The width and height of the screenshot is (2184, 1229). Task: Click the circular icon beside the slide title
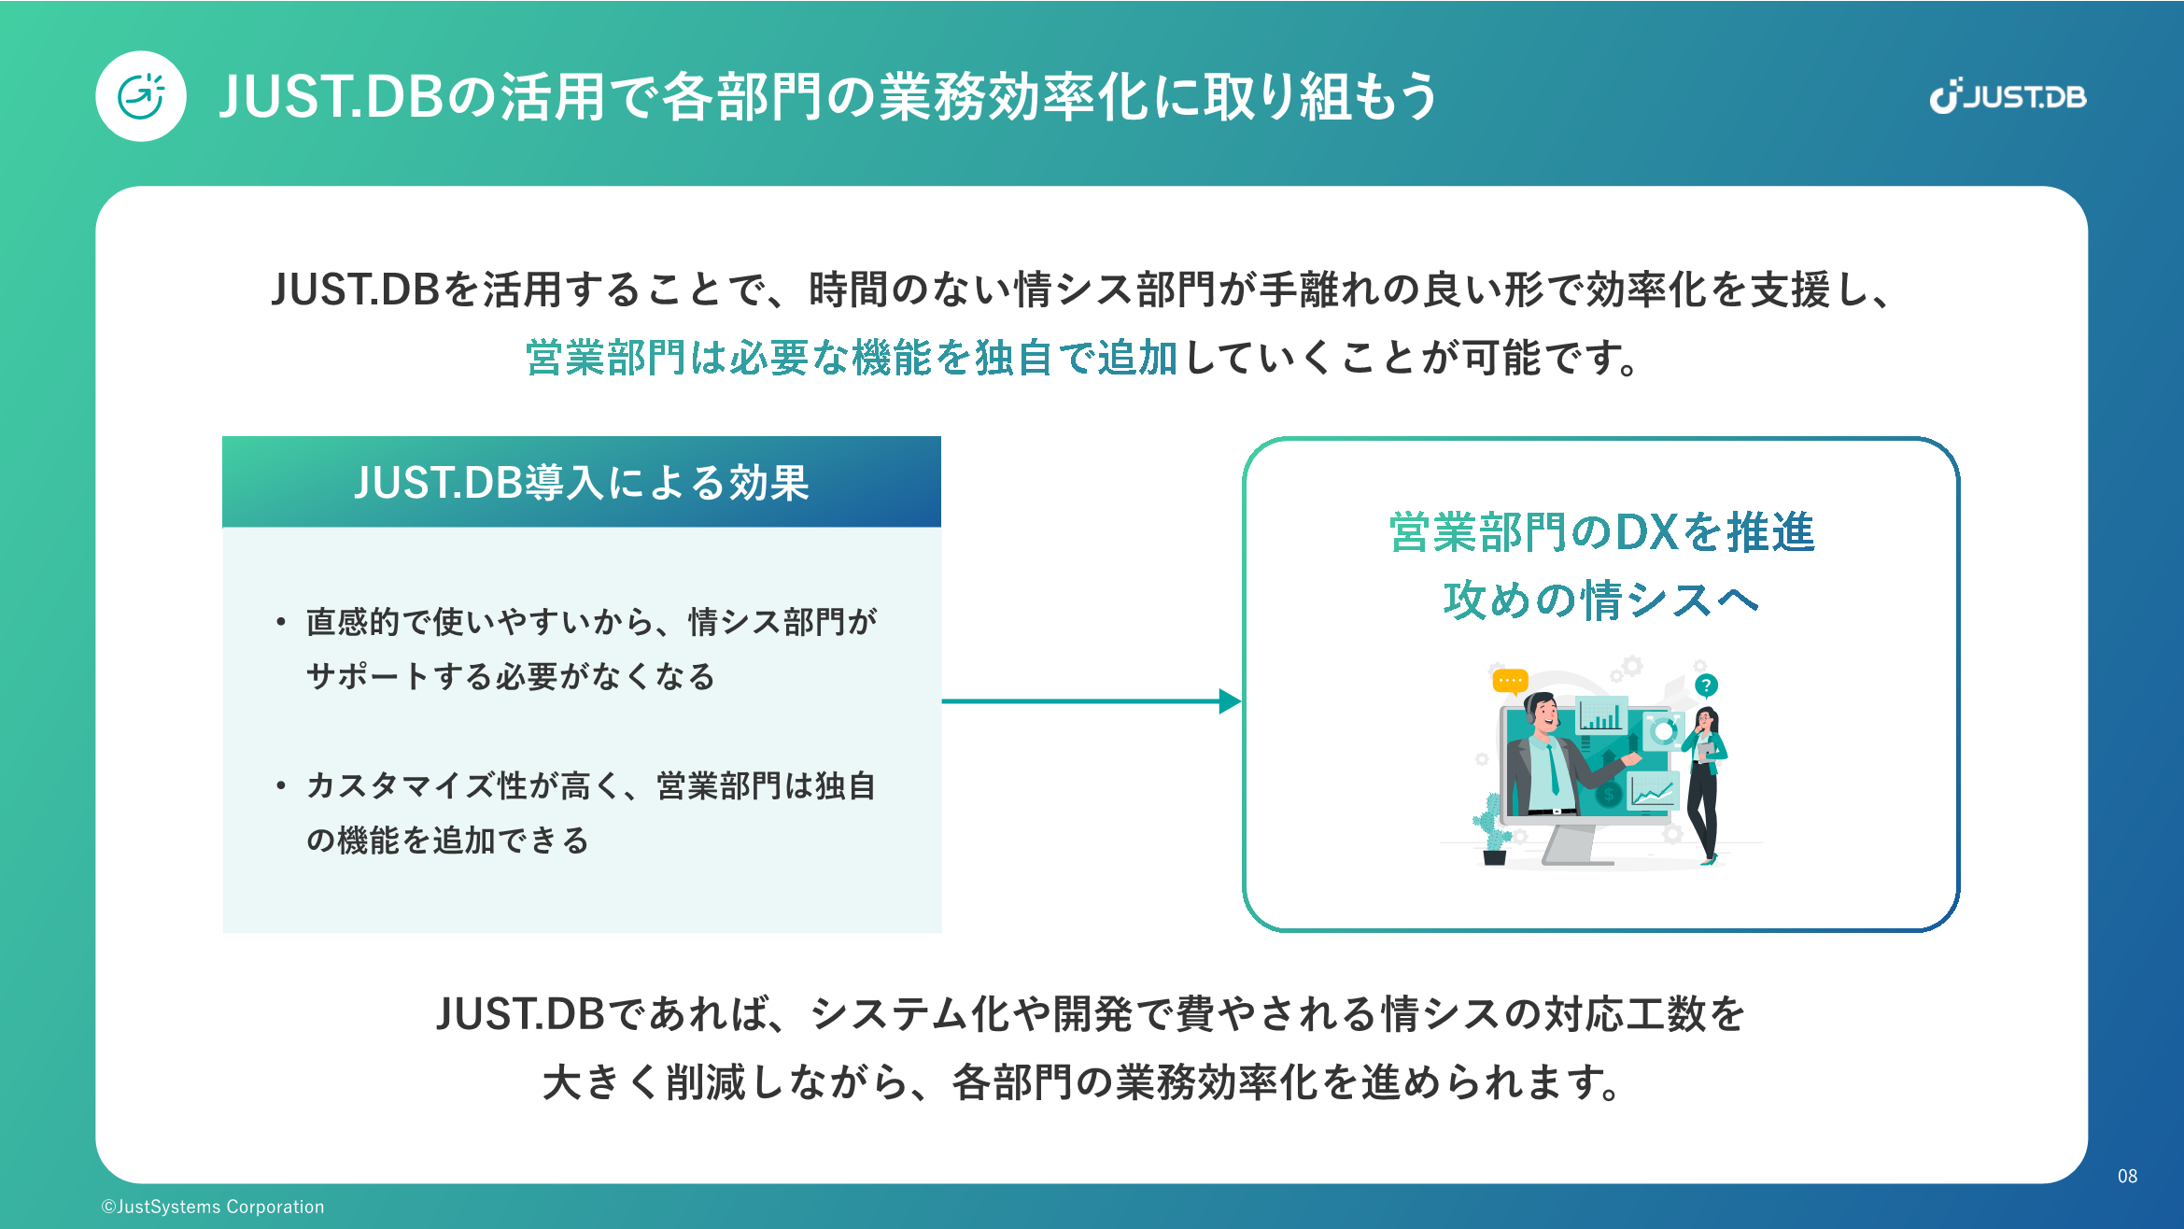coord(141,96)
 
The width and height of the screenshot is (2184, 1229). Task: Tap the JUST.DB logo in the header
coord(2008,96)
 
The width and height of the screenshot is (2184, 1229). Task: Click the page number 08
coord(2127,1176)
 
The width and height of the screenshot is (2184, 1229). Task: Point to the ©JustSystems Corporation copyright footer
coord(213,1207)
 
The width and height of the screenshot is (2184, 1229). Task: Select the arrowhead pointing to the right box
coord(1231,701)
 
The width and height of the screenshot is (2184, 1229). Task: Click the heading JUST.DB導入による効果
coord(581,483)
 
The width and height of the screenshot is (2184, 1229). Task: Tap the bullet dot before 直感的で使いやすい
coord(280,622)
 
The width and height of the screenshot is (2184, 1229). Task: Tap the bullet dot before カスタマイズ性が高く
coord(280,786)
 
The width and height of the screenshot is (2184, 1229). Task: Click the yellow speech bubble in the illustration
coord(1510,681)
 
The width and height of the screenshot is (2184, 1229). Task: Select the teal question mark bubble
coord(1706,685)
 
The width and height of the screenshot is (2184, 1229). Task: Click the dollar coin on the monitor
coord(1608,795)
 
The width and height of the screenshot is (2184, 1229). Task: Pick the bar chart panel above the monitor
coord(1601,715)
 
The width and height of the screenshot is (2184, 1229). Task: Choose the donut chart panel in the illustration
coord(1663,730)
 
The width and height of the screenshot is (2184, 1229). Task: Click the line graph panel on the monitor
coord(1653,792)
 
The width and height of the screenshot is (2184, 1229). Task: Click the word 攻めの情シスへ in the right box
coord(1600,600)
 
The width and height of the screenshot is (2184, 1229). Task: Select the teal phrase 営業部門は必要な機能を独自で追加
coord(851,358)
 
